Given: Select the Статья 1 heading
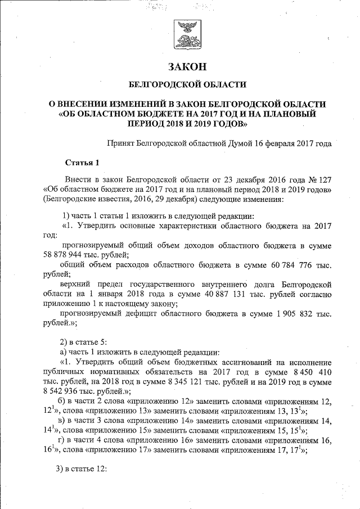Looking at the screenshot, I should pyautogui.click(x=82, y=163).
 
